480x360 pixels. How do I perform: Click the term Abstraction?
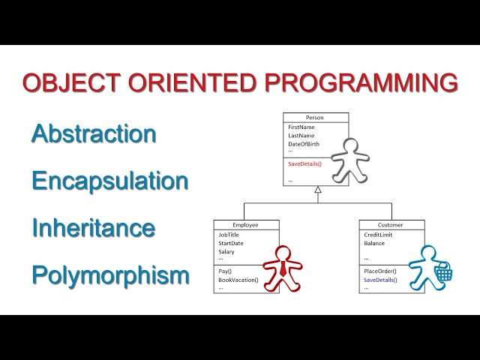[x=94, y=134]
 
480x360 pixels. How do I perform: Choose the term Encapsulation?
[x=109, y=181]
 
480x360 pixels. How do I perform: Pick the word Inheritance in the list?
[x=93, y=228]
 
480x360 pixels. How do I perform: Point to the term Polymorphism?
[x=110, y=275]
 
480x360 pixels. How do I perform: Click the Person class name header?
[x=315, y=118]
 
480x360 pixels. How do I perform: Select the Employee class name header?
[x=245, y=225]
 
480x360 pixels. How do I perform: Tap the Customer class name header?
[x=391, y=225]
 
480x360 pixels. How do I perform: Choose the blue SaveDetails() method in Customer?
[x=381, y=280]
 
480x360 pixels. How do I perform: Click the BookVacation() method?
[x=238, y=280]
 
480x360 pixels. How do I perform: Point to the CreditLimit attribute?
[x=378, y=235]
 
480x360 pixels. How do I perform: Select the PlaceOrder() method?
[x=379, y=271]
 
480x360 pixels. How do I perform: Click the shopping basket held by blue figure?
[x=443, y=274]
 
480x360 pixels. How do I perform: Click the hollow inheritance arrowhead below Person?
[x=318, y=190]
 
